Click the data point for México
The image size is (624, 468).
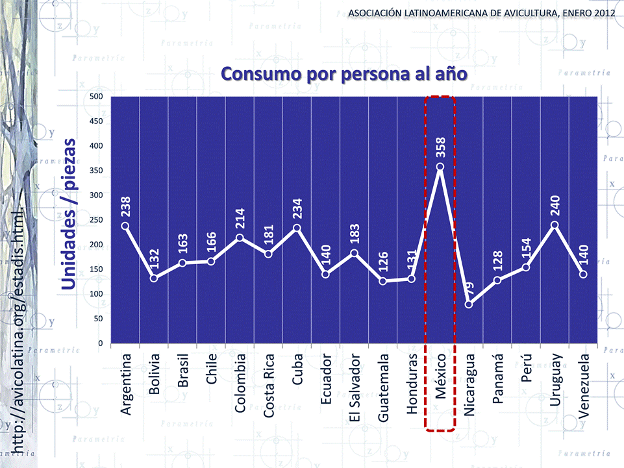(440, 167)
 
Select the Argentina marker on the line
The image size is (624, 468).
(125, 226)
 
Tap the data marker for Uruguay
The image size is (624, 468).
(555, 225)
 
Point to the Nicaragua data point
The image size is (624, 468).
(469, 304)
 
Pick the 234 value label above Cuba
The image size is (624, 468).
(297, 208)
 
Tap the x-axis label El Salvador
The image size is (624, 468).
(355, 388)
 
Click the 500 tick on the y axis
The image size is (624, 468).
(96, 97)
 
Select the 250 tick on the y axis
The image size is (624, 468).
(96, 220)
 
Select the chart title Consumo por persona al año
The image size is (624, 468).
(344, 73)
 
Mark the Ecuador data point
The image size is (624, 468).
(326, 274)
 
